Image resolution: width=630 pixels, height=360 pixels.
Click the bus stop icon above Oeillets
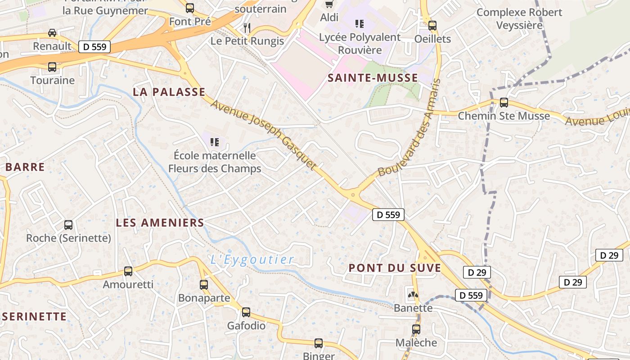(432, 26)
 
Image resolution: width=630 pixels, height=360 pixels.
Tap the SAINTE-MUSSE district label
(373, 78)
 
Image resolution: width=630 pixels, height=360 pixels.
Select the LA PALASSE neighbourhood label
(169, 92)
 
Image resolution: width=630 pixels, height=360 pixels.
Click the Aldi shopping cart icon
(329, 4)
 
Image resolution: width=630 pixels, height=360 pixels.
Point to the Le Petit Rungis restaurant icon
(247, 28)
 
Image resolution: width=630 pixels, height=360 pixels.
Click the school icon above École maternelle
(215, 142)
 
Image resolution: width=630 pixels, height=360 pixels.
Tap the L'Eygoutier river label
(252, 260)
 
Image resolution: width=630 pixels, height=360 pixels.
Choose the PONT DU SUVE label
(395, 268)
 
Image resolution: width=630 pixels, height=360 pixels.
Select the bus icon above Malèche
(416, 329)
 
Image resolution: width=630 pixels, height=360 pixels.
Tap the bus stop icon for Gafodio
(246, 312)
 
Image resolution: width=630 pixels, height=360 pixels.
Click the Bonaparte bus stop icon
(204, 284)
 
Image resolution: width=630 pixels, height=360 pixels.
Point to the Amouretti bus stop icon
(128, 271)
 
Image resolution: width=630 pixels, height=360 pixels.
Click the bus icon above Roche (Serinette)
(68, 225)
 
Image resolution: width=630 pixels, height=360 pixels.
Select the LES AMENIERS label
(160, 222)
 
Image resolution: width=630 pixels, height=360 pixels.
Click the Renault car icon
(52, 33)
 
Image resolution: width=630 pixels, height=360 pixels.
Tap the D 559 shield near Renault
(94, 46)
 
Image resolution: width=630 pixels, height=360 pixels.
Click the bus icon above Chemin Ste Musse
(504, 103)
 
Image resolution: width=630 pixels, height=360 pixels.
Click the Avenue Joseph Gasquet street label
(264, 135)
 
